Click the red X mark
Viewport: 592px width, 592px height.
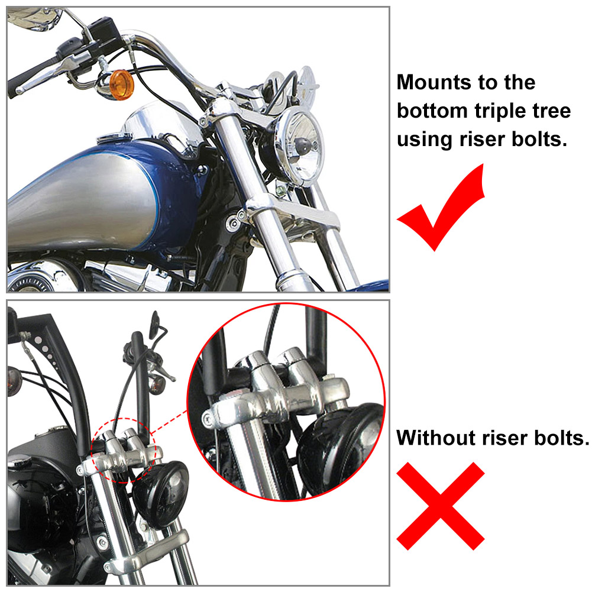pyautogui.click(x=441, y=506)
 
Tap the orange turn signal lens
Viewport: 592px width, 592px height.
pyautogui.click(x=122, y=85)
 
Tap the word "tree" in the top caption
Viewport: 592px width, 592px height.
pyautogui.click(x=552, y=111)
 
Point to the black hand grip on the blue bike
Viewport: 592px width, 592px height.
pyautogui.click(x=32, y=76)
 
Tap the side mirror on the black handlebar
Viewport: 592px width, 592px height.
pyautogui.click(x=155, y=324)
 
